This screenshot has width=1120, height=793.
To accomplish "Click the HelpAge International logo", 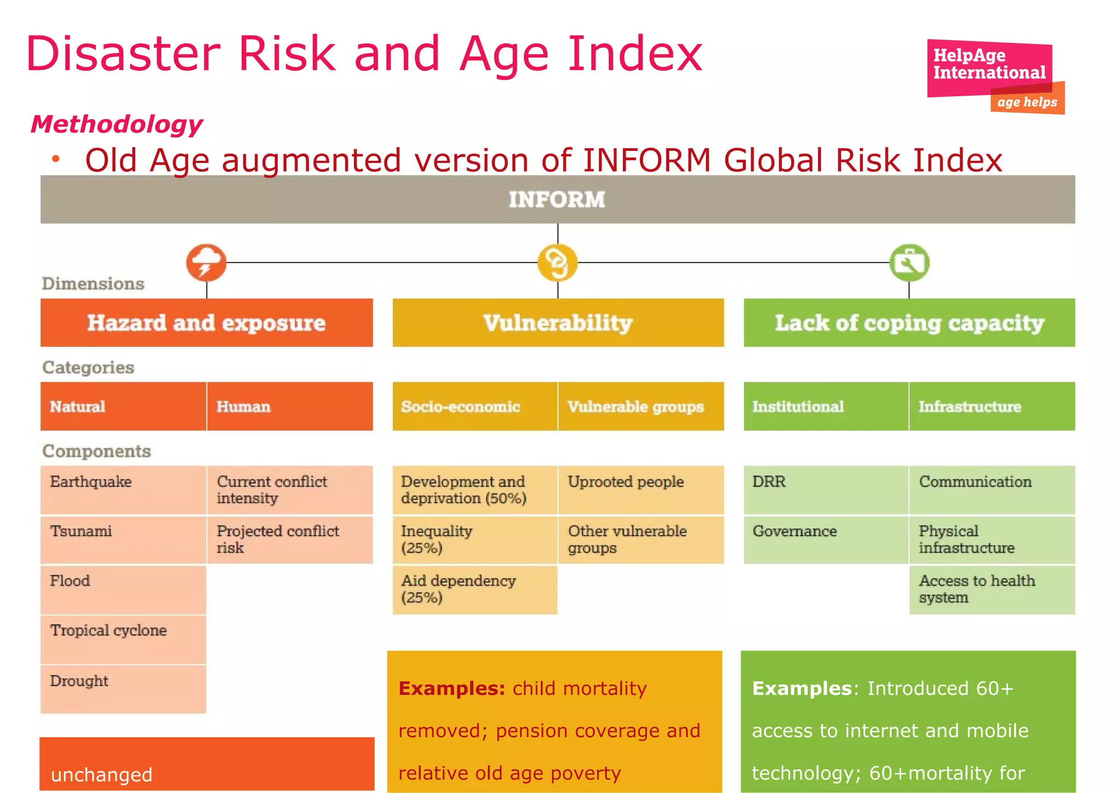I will [x=994, y=75].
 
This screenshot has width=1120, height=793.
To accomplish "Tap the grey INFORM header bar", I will [x=557, y=200].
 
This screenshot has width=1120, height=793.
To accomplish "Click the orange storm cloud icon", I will [x=206, y=263].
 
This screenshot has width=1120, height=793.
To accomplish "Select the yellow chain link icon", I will [x=557, y=263].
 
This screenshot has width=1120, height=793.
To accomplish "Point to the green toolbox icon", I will [x=909, y=263].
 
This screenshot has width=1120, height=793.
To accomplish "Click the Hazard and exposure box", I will [x=207, y=323].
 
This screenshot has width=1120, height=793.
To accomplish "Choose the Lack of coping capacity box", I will [x=909, y=323].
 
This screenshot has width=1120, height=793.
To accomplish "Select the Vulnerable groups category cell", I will [x=641, y=406].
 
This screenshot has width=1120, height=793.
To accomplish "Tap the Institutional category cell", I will [x=826, y=406].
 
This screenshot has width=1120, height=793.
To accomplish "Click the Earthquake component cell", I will [x=123, y=489].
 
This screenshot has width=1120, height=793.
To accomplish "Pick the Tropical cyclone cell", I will [x=123, y=639].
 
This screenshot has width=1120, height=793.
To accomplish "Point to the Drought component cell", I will [x=123, y=689].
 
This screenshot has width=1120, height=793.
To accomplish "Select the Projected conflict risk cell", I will [x=290, y=539].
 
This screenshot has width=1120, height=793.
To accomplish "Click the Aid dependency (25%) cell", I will [x=475, y=589].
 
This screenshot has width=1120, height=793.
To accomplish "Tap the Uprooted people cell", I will [x=641, y=489].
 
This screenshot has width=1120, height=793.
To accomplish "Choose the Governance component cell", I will [x=826, y=539].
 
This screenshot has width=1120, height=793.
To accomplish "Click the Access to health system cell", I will [x=992, y=589].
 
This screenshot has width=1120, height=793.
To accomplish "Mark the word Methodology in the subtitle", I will [x=117, y=124].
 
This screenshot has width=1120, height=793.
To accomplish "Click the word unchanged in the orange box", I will [x=102, y=774].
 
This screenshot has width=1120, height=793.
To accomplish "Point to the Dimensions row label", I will [x=94, y=283].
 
